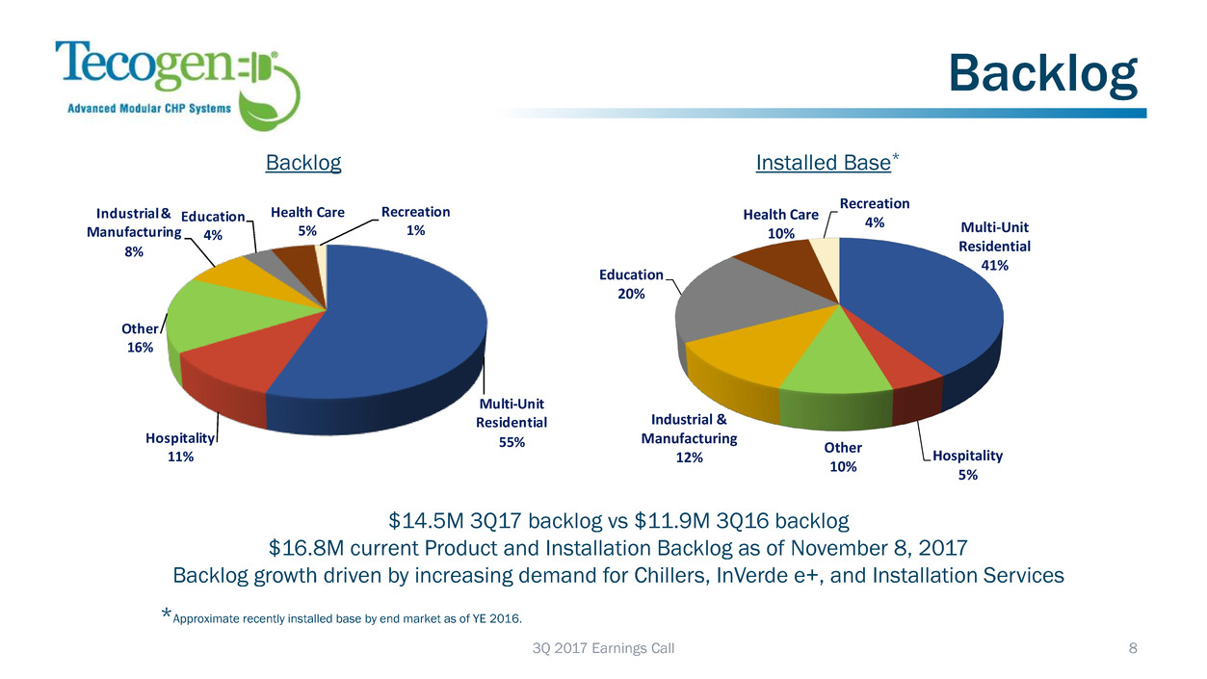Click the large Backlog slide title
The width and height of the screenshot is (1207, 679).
(x=1042, y=74)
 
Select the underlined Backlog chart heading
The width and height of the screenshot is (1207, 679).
(x=303, y=163)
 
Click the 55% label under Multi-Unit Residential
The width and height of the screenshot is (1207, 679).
(x=512, y=442)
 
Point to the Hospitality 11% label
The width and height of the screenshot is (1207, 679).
(x=181, y=447)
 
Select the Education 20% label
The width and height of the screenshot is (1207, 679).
(x=631, y=284)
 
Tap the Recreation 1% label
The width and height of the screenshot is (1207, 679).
(x=415, y=221)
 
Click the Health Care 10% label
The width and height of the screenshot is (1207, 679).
(x=780, y=223)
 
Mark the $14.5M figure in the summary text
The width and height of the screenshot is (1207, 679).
(x=423, y=522)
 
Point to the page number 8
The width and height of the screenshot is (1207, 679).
(x=1133, y=648)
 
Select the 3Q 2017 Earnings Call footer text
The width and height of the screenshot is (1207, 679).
(x=603, y=648)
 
